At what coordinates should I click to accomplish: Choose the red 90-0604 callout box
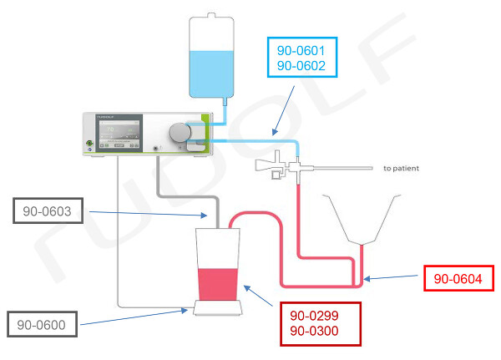coord(458,278)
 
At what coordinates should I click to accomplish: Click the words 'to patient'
coord(401,168)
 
